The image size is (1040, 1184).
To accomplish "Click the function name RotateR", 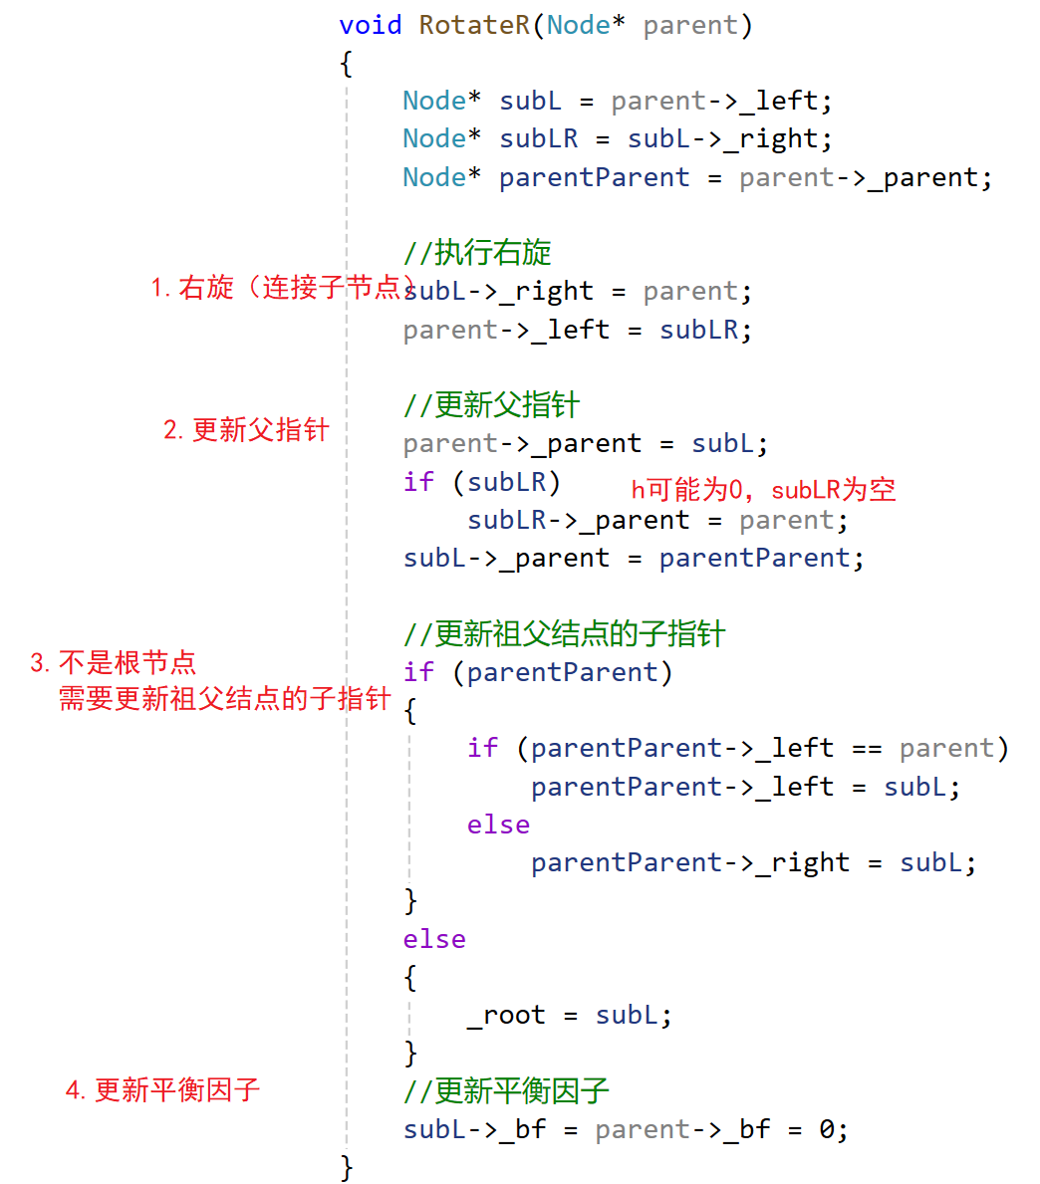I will point(474,25).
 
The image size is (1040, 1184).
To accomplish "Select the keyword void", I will point(371,25).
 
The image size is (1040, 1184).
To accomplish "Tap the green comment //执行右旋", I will point(477,253).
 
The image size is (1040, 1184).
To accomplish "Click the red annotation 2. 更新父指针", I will point(246,430).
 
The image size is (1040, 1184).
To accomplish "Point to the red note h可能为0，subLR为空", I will point(763,489).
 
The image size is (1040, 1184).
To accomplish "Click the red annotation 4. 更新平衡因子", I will point(162,1090).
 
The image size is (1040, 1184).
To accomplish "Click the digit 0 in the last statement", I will point(827,1130).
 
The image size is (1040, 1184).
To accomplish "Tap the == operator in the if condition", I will point(867,749).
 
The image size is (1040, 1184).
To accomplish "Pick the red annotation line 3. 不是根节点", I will point(113,663).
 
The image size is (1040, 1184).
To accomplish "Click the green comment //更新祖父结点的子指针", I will point(564,634).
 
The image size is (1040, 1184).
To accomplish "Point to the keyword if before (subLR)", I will point(418,482).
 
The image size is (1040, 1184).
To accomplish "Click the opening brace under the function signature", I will point(346,65).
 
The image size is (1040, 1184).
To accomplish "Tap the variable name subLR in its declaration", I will point(538,139).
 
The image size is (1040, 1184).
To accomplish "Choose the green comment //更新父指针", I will point(491,405).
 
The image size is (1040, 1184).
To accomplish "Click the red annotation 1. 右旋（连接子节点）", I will point(283,289).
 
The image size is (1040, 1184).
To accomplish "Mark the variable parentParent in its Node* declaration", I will point(594,178).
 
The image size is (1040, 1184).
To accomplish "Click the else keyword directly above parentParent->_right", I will point(498,826).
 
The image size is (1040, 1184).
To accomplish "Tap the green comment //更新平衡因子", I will point(506,1091).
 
